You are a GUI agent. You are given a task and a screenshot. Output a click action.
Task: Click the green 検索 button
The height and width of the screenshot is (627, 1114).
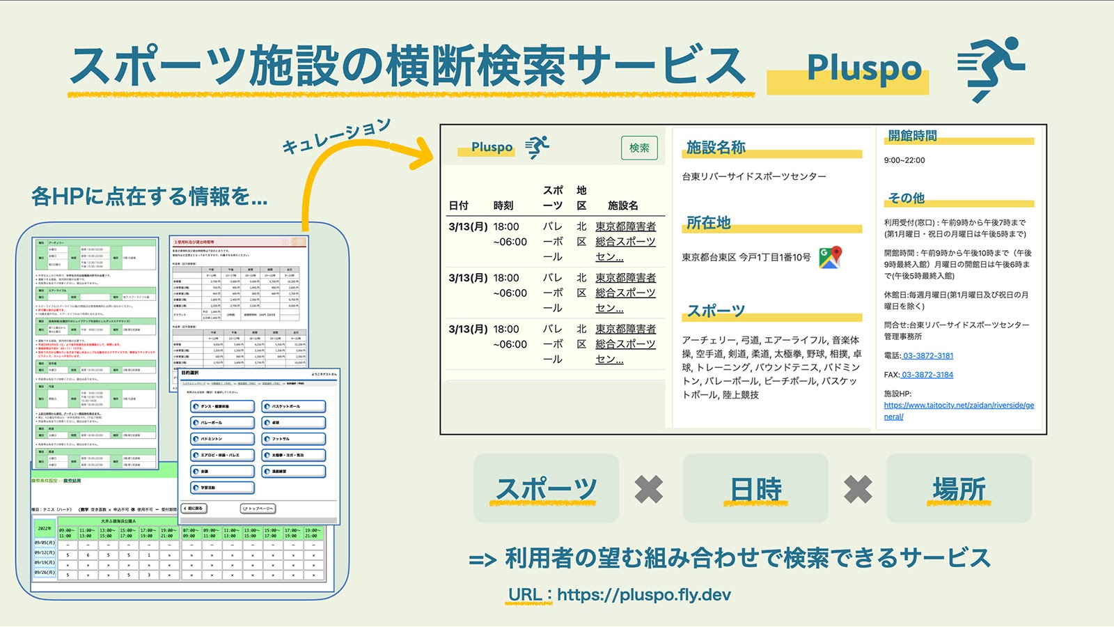click(639, 148)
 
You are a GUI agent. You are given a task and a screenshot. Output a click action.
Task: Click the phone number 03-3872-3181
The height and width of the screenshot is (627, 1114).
click(928, 355)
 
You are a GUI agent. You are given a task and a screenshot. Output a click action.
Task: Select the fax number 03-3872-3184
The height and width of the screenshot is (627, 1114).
click(927, 375)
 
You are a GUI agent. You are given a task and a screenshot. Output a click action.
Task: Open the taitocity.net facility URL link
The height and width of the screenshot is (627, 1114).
click(958, 410)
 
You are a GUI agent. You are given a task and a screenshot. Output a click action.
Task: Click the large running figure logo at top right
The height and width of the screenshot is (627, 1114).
click(991, 68)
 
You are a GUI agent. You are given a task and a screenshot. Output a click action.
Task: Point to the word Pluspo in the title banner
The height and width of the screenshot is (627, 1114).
click(864, 69)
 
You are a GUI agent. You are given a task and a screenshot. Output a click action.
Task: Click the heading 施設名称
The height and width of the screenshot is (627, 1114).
click(716, 148)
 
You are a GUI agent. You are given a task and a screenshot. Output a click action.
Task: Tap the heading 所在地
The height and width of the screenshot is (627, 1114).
click(708, 223)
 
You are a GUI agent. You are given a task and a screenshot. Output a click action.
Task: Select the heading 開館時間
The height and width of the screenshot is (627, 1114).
click(912, 136)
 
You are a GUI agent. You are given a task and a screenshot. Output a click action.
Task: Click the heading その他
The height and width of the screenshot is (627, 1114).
click(907, 199)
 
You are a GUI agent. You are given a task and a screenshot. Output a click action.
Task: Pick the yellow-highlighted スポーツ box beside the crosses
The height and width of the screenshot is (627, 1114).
click(546, 489)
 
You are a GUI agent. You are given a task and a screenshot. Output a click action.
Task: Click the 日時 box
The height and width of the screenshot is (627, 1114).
click(755, 489)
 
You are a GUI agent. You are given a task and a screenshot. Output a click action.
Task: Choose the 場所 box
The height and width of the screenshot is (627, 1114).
click(959, 489)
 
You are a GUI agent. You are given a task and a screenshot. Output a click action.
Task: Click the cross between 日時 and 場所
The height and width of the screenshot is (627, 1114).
click(857, 489)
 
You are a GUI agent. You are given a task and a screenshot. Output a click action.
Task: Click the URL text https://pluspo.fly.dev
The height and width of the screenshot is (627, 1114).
click(643, 595)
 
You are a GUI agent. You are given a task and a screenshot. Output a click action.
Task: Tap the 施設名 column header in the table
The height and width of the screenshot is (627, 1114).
click(622, 206)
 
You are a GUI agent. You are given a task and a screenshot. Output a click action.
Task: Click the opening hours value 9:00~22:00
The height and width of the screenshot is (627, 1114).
click(904, 160)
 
